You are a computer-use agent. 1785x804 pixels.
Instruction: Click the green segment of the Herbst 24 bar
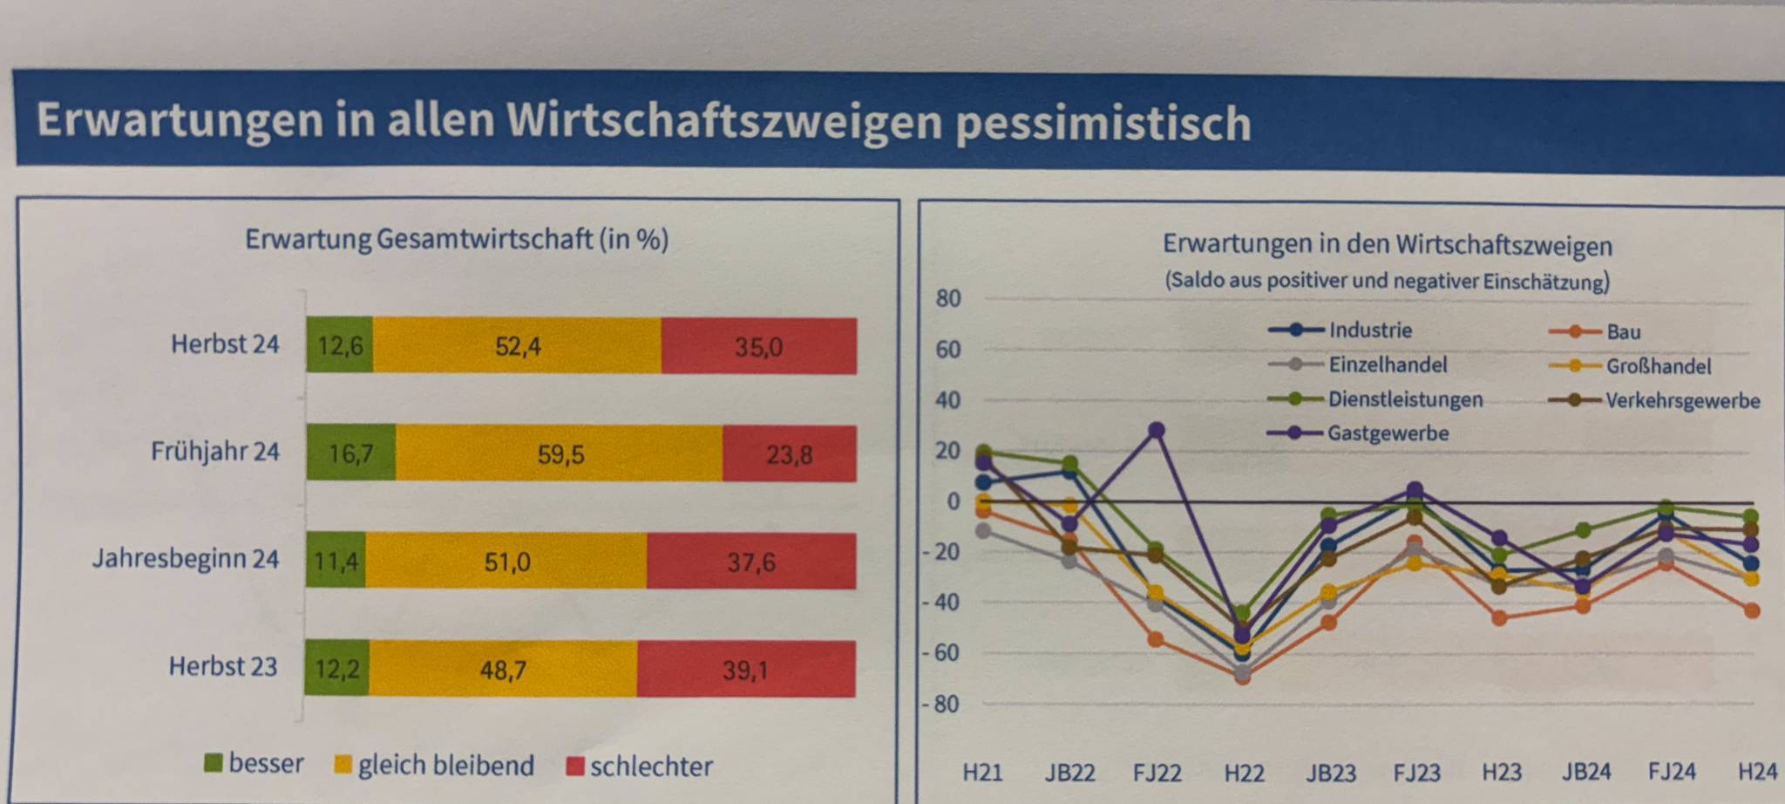point(339,346)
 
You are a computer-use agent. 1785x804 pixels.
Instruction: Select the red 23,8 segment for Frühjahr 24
point(789,454)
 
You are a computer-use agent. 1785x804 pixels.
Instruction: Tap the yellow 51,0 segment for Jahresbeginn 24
point(506,562)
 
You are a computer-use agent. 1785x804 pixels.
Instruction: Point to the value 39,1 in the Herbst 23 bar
point(745,670)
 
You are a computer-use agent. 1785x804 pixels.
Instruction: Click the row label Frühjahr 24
point(214,452)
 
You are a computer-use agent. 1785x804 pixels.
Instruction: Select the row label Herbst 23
point(222,666)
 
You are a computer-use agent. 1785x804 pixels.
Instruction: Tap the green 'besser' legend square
point(213,764)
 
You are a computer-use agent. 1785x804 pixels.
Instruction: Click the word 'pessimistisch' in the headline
point(1103,122)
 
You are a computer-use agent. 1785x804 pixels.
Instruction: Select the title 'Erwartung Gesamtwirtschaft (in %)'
point(456,239)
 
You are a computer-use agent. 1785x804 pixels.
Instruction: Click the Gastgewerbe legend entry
point(1387,433)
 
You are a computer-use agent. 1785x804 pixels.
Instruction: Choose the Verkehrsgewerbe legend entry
point(1682,401)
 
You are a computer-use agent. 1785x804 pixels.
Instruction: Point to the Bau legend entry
point(1622,331)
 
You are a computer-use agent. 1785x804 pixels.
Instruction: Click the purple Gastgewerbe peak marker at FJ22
point(1157,430)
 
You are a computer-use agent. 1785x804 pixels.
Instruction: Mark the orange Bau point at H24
point(1752,610)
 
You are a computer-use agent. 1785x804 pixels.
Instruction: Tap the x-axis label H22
point(1244,773)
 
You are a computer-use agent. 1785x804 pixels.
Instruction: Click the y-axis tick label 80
point(947,298)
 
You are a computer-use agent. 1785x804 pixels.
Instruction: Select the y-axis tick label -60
point(942,653)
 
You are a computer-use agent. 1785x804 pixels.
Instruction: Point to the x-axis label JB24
point(1585,772)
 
